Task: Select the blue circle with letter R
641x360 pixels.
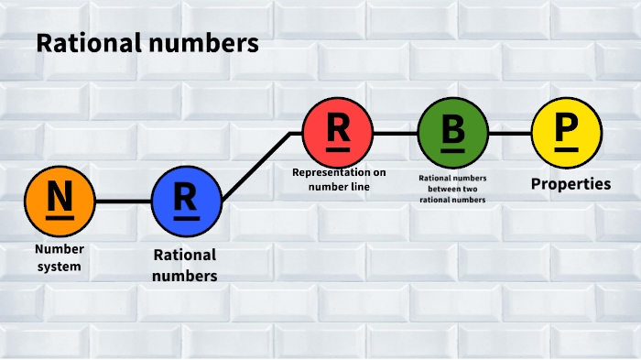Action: (x=187, y=201)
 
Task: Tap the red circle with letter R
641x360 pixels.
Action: (x=338, y=133)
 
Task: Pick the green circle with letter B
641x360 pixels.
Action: (x=453, y=133)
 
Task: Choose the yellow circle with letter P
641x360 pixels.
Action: (x=567, y=133)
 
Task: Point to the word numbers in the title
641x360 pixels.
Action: (x=202, y=43)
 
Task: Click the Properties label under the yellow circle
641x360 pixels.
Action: (x=570, y=184)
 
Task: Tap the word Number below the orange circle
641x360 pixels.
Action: (x=59, y=249)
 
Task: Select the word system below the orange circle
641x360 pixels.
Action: (x=59, y=267)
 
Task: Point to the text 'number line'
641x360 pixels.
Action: (x=339, y=187)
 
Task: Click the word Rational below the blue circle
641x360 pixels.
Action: (x=185, y=255)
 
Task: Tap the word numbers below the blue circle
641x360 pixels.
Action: (x=185, y=274)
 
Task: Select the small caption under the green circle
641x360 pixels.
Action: (x=451, y=188)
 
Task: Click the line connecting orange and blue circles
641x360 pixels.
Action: (x=123, y=201)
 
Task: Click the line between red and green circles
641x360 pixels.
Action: (x=396, y=133)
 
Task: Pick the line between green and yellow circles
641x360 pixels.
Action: (x=510, y=133)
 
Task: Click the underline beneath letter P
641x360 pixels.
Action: (x=567, y=148)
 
